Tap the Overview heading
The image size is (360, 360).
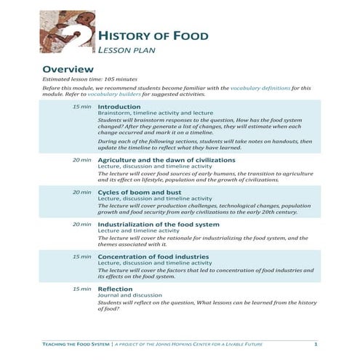pyautogui.click(x=70, y=69)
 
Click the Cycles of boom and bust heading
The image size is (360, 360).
pyautogui.click(x=136, y=192)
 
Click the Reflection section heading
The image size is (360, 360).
pyautogui.click(x=115, y=289)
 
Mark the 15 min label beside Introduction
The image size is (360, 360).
pyautogui.click(x=81, y=107)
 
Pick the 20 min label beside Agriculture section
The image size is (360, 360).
pyautogui.click(x=81, y=159)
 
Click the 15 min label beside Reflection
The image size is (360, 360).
pyautogui.click(x=81, y=289)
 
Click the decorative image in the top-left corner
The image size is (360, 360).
pyautogui.click(x=66, y=33)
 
